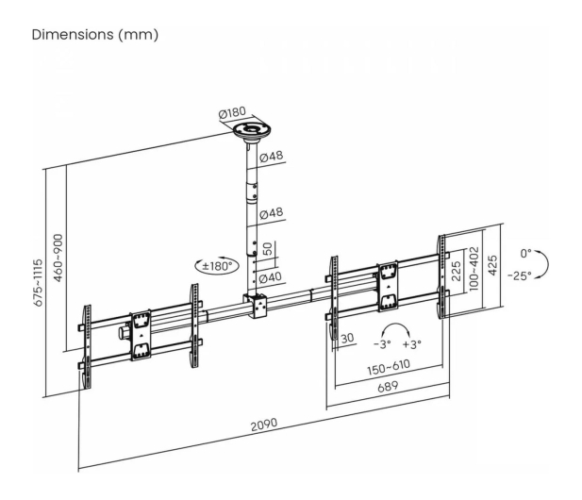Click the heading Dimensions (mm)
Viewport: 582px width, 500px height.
[95, 35]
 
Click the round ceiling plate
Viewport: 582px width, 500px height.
[252, 131]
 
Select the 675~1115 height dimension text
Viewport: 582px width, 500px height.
[39, 283]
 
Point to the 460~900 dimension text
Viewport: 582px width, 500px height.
[58, 258]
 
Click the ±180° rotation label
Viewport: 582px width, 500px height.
[217, 266]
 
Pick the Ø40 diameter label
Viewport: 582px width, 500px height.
[271, 277]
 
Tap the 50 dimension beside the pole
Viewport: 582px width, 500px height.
[267, 249]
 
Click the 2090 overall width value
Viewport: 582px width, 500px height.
[264, 425]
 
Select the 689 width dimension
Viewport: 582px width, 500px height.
[388, 387]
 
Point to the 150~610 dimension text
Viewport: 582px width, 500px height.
[389, 368]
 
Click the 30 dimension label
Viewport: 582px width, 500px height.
[347, 338]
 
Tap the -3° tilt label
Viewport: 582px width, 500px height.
[382, 344]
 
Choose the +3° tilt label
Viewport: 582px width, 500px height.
[412, 344]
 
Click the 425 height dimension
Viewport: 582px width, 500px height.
[492, 265]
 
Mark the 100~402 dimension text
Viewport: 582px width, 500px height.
[474, 269]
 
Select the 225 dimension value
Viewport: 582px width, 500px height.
[457, 271]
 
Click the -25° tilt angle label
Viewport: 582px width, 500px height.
[520, 275]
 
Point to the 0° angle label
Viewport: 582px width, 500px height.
[525, 254]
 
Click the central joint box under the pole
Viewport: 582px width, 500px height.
[256, 306]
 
